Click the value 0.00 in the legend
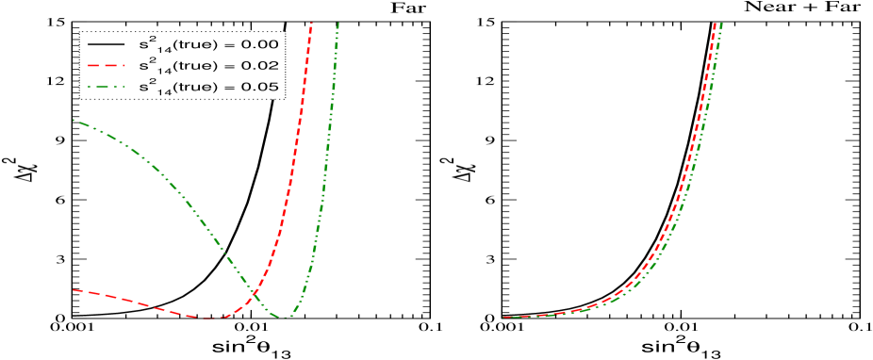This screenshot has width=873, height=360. coord(261,44)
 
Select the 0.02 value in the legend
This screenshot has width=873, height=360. coord(261,66)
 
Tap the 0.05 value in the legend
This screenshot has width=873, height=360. coord(261,88)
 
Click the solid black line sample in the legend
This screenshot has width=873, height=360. coord(106,44)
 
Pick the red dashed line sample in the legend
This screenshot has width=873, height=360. coord(106,66)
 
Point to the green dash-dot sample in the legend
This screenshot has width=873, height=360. coord(106,88)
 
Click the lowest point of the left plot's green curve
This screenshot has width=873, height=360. coord(283,318)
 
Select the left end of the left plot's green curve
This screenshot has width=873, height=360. coord(74,121)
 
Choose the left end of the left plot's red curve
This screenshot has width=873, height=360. coord(74,290)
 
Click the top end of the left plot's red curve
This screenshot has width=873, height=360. coord(311,23)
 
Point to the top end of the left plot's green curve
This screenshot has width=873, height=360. coord(338,23)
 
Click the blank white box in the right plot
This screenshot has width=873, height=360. coord(583,64)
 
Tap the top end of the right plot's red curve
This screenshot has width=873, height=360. coord(714,23)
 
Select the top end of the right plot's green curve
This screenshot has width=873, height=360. coord(721,23)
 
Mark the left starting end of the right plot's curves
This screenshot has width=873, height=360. coord(503,318)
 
